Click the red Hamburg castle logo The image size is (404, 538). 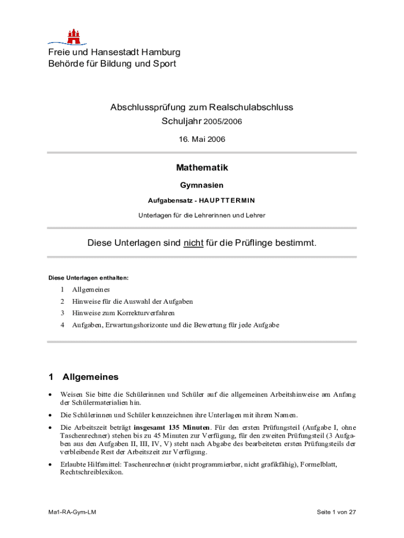click(73, 36)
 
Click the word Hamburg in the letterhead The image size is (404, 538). click(161, 52)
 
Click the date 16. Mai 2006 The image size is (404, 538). click(201, 139)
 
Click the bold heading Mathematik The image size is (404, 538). click(201, 168)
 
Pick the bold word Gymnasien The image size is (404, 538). click(201, 185)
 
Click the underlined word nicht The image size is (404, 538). click(193, 243)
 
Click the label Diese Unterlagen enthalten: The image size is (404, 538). click(88, 277)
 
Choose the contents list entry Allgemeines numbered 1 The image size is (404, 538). click(91, 289)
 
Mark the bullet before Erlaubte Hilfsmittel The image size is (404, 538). click(50, 464)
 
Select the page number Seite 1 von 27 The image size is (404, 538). click(336, 512)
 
